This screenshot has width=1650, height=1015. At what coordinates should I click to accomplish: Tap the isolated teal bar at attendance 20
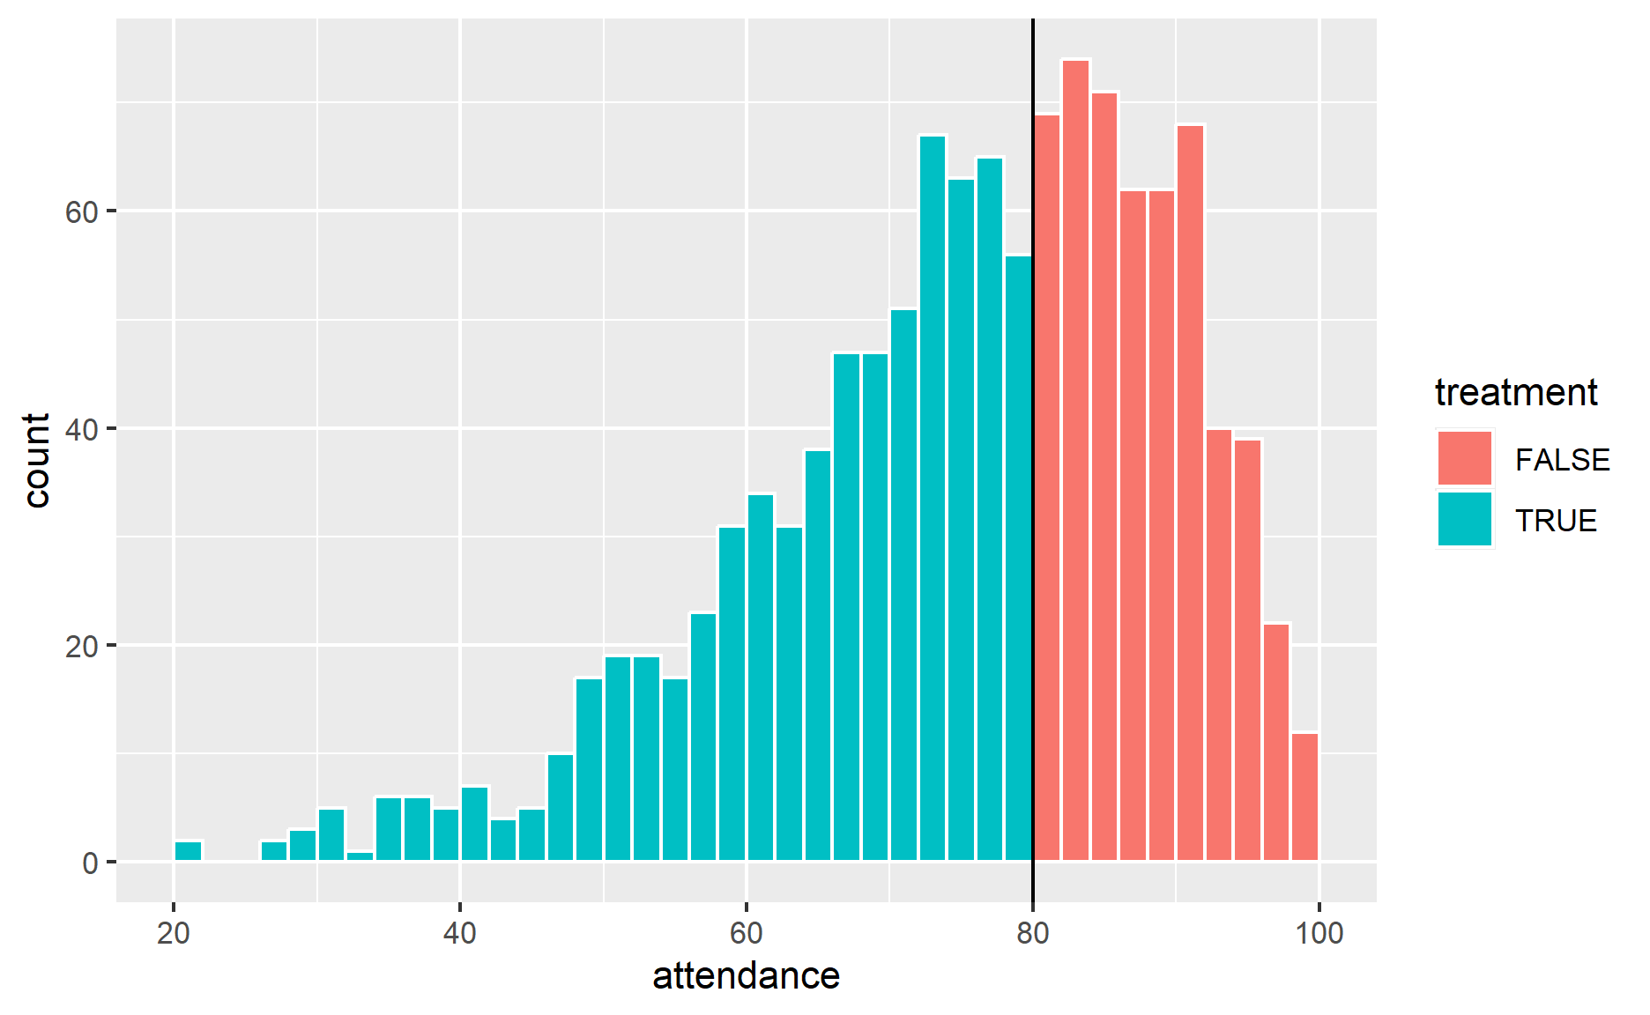point(188,851)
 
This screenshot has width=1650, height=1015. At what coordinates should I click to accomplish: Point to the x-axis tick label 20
point(174,932)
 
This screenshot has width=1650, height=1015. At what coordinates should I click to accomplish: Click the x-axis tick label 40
point(459,932)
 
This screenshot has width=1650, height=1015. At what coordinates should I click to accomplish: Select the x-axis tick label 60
point(746,932)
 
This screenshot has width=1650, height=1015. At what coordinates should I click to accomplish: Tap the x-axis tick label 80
point(1032,932)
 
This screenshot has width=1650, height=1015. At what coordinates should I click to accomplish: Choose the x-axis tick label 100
point(1319,932)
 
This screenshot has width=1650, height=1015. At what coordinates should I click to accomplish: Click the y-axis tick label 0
point(90,863)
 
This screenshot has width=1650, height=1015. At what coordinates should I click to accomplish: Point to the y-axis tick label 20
point(81,647)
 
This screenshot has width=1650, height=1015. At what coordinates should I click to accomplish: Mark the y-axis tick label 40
point(81,430)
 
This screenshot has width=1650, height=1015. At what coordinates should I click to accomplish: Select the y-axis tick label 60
point(81,213)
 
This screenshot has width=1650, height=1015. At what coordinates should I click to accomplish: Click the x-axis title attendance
point(746,976)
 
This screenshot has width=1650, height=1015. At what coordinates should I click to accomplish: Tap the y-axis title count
point(37,460)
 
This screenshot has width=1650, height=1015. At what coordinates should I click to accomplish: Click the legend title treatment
point(1516,393)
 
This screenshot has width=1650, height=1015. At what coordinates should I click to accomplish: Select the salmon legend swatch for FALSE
point(1464,458)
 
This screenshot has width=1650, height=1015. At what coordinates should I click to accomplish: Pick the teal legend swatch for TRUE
point(1464,520)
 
